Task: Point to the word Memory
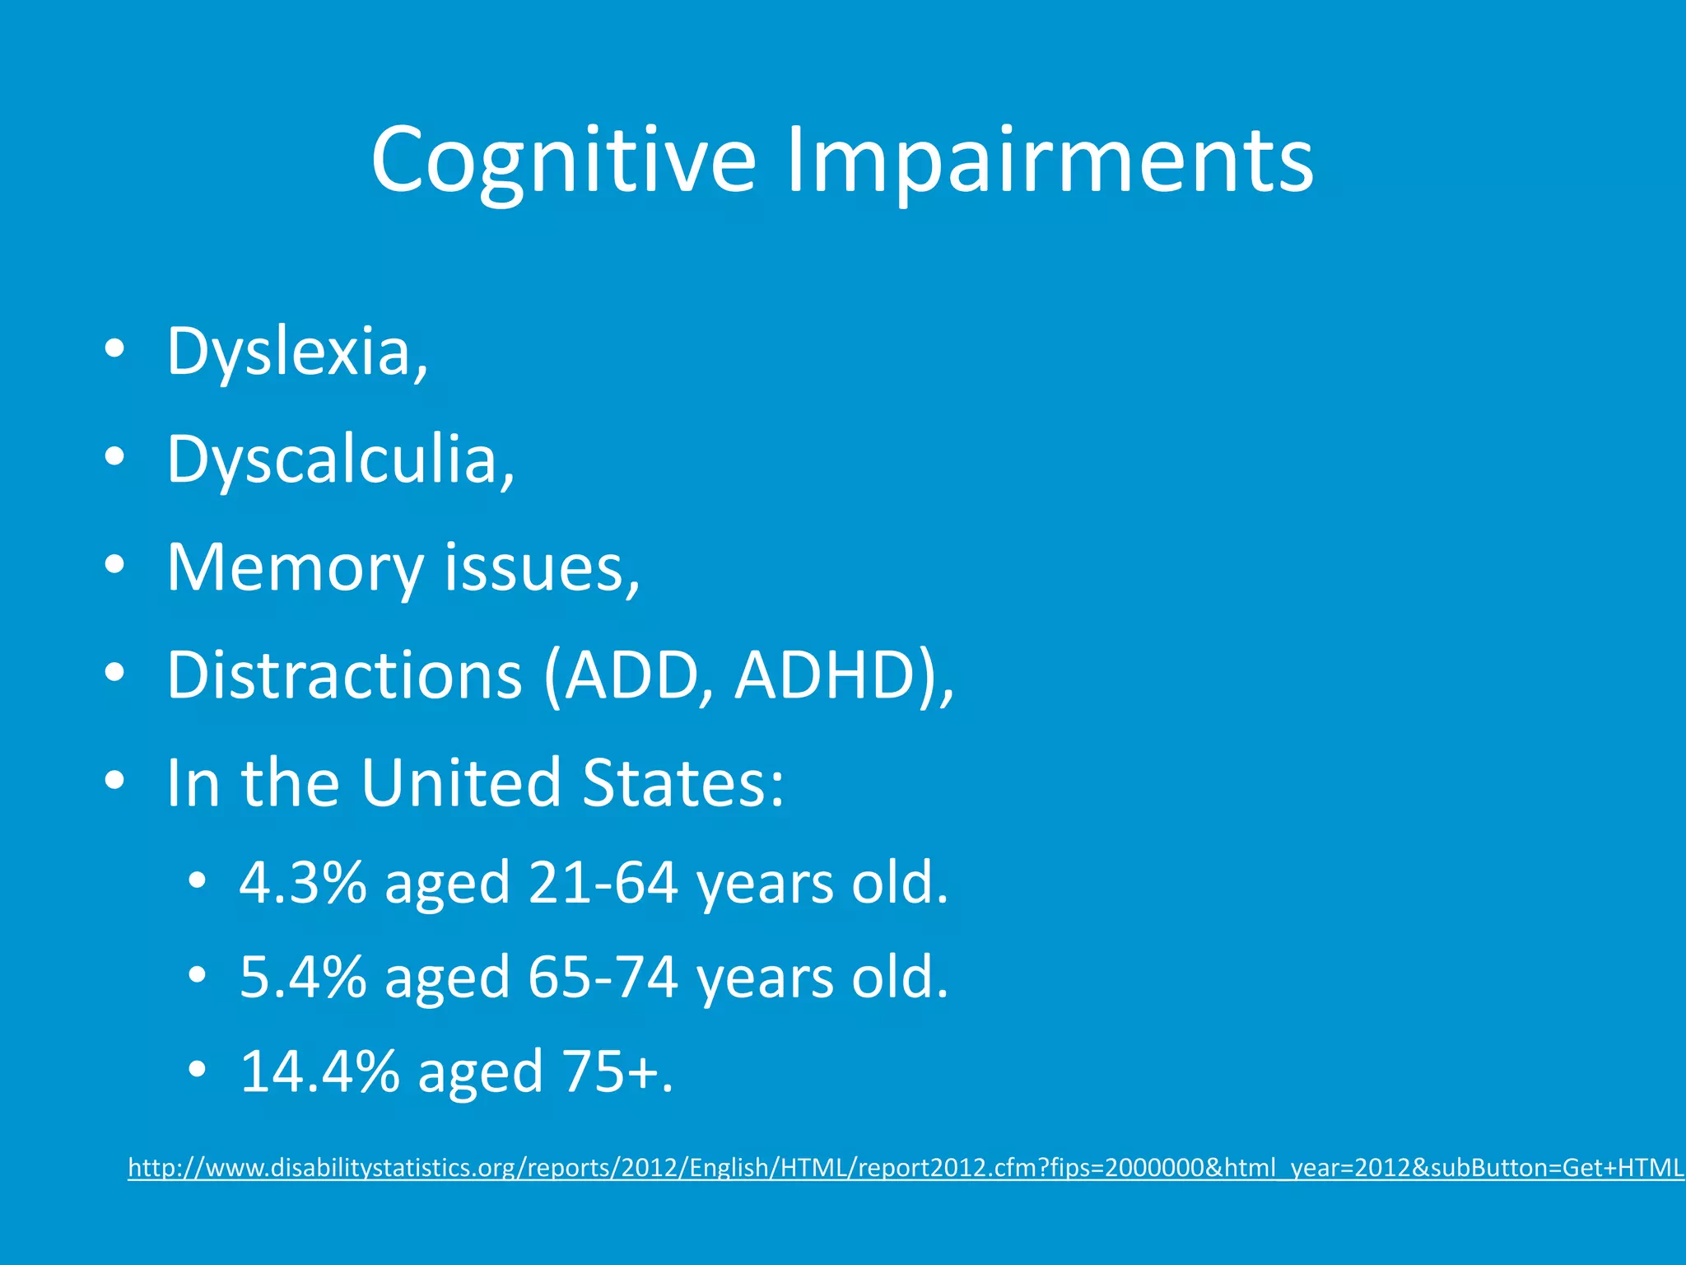[x=295, y=568]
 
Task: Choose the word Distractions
[x=344, y=675]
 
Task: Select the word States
[x=682, y=782]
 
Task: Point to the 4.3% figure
[x=303, y=883]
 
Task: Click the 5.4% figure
[x=303, y=978]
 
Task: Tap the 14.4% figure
[x=319, y=1072]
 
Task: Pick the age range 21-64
[x=603, y=883]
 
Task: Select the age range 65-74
[x=603, y=978]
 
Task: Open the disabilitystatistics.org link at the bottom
[x=906, y=1168]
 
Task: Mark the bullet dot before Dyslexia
[x=114, y=348]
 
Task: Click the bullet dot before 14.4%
[x=197, y=1070]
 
